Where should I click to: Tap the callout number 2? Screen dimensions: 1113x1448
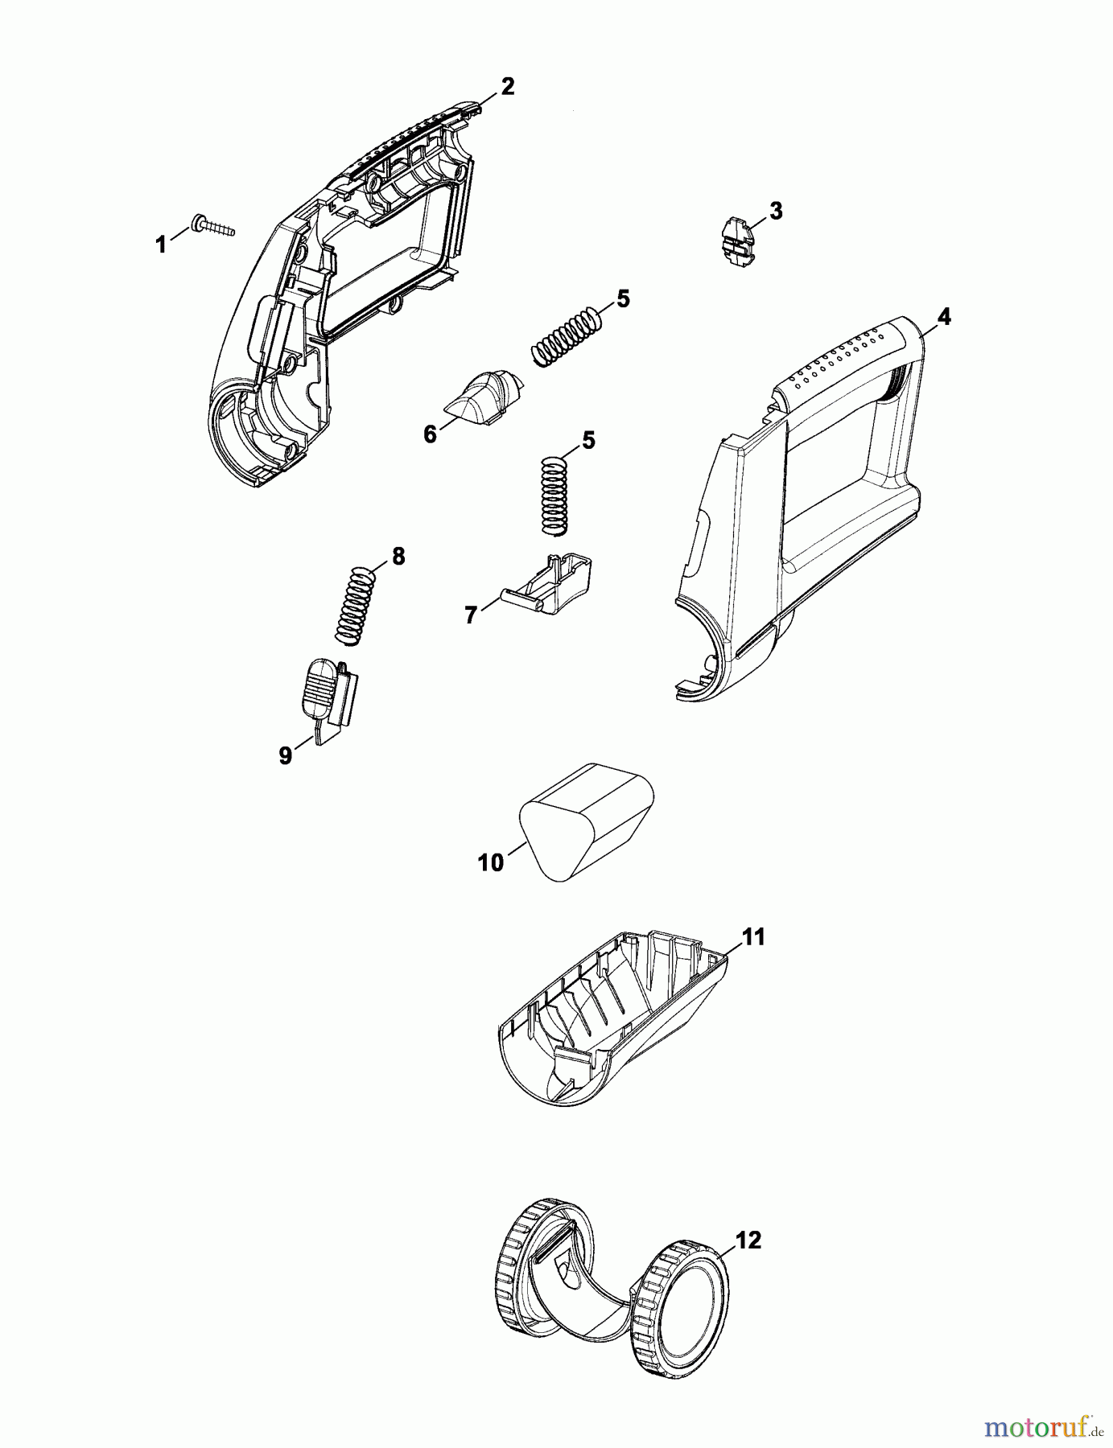507,86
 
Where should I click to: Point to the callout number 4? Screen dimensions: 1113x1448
943,317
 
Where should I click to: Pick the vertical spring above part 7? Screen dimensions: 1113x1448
552,495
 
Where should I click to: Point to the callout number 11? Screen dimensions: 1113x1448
753,936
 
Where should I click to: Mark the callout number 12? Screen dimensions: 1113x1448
748,1240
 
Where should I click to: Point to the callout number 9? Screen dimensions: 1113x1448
286,756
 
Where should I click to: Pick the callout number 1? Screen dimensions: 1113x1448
161,245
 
